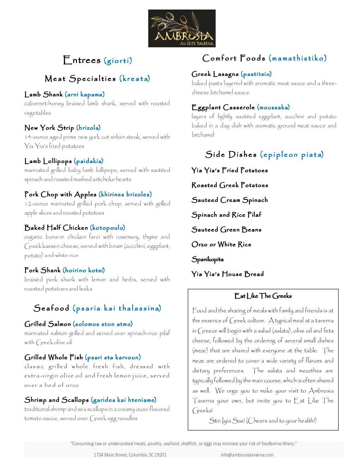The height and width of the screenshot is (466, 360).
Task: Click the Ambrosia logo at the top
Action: tap(182, 28)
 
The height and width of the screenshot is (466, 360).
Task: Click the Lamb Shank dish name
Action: tap(43, 95)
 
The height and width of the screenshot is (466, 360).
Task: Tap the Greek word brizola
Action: tap(89, 128)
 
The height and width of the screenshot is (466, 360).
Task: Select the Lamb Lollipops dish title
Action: tap(48, 161)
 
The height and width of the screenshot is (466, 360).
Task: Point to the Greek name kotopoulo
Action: tap(107, 228)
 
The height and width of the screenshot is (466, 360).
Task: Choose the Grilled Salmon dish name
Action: tap(48, 324)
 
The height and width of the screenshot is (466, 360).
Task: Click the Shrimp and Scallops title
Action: tap(56, 400)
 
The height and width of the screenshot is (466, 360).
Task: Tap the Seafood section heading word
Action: tap(52, 308)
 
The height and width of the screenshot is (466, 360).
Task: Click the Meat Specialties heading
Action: tap(80, 79)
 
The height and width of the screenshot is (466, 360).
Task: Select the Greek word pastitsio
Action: tap(256, 74)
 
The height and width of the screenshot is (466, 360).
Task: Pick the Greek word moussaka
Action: tap(274, 107)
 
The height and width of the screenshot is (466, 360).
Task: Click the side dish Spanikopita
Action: tap(208, 259)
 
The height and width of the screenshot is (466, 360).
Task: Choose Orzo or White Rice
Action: tap(221, 245)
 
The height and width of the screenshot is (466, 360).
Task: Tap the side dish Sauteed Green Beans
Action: tap(226, 230)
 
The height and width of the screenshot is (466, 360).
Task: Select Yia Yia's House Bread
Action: tap(227, 274)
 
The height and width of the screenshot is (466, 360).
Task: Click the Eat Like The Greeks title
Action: tap(263, 296)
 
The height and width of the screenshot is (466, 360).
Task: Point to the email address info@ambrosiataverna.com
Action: tap(247, 455)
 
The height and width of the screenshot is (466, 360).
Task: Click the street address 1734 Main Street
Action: tap(130, 455)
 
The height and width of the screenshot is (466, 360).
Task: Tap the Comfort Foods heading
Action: tap(234, 58)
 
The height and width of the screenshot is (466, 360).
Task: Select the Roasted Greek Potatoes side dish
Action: tap(230, 185)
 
